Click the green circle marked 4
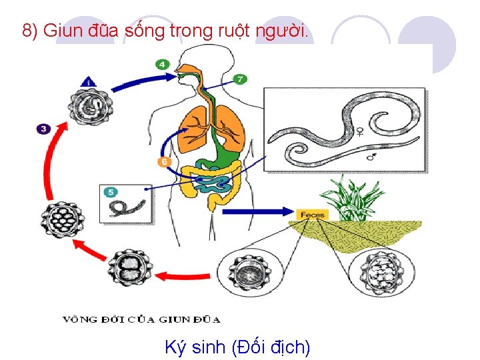(x=162, y=65)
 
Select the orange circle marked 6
(x=164, y=162)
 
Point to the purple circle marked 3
(x=43, y=128)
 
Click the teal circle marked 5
(x=111, y=192)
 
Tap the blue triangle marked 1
(x=89, y=81)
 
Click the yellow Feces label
(x=312, y=215)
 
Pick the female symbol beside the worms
(x=360, y=131)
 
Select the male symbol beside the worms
(x=371, y=157)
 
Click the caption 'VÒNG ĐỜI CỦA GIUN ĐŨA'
(x=141, y=319)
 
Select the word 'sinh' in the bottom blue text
(x=208, y=347)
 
